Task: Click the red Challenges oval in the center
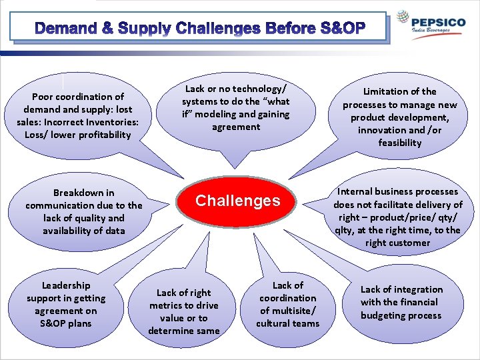pyautogui.click(x=237, y=201)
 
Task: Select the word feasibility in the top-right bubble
pyautogui.click(x=400, y=143)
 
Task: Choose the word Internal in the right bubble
pyautogui.click(x=358, y=192)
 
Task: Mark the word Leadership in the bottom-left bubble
pyautogui.click(x=65, y=285)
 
